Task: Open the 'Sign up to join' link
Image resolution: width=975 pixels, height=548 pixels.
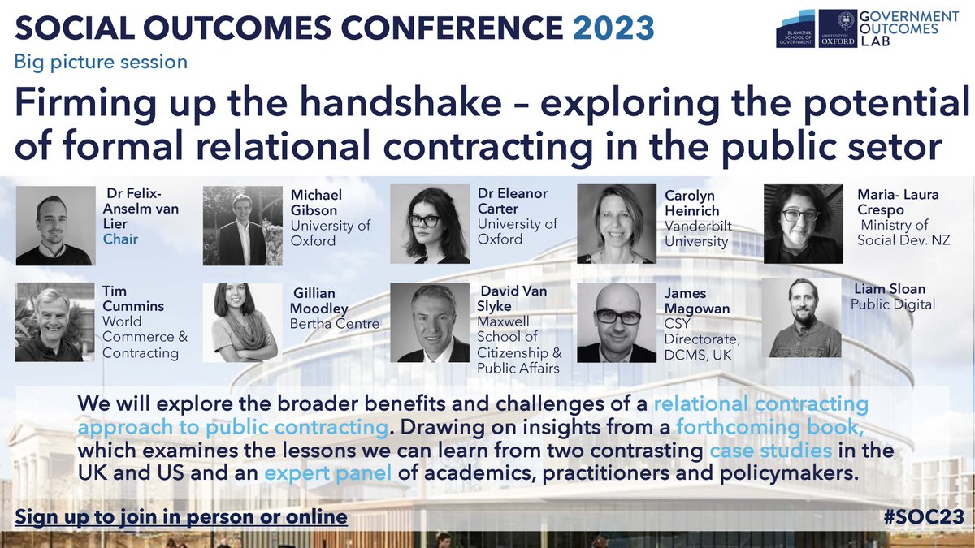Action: (181, 517)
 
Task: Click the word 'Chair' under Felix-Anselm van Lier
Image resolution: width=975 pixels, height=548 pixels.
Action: (120, 239)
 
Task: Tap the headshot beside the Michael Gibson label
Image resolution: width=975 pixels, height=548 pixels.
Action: (240, 226)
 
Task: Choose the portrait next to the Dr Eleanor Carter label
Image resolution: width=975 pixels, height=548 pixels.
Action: (431, 224)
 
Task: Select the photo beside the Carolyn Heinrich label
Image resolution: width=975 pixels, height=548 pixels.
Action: (616, 224)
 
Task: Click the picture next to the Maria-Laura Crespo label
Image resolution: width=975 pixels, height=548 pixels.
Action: (803, 224)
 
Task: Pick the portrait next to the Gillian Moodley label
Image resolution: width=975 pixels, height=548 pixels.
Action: (240, 322)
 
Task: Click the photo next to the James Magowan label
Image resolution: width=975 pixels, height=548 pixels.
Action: (616, 322)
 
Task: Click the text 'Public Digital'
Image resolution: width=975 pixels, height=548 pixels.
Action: (893, 304)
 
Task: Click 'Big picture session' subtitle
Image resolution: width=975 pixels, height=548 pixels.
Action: (102, 61)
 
